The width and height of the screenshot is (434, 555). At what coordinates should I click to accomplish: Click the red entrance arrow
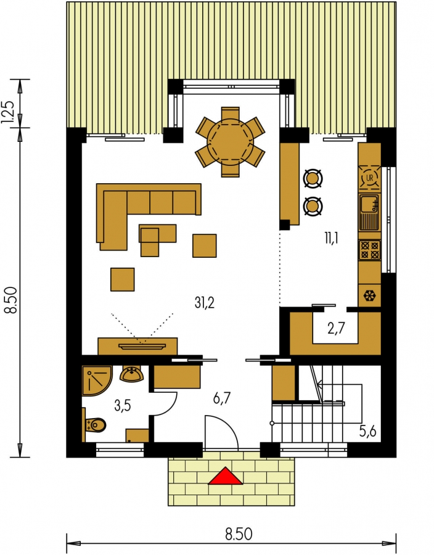tap(225, 475)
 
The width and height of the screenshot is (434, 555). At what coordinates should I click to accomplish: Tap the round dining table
tap(231, 142)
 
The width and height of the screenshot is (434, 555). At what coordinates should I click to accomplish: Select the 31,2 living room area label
tap(205, 303)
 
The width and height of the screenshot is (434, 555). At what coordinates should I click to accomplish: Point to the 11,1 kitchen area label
tap(332, 239)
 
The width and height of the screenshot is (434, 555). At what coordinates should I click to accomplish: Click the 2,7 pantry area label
tap(335, 329)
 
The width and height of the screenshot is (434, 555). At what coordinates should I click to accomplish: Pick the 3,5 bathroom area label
tap(123, 406)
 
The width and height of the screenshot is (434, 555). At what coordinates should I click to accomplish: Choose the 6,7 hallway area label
tap(222, 398)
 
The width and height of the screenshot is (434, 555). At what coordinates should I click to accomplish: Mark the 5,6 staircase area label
tap(367, 432)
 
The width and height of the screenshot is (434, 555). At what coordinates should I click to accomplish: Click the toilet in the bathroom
tap(94, 425)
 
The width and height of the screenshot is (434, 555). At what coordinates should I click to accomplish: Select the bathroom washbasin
tap(131, 374)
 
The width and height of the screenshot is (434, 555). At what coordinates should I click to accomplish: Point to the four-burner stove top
tap(370, 250)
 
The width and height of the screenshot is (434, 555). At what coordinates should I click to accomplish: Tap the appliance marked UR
tap(370, 178)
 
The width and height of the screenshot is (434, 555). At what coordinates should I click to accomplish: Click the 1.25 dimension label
tap(9, 112)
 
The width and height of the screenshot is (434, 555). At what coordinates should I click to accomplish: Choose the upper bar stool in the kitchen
tap(313, 178)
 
